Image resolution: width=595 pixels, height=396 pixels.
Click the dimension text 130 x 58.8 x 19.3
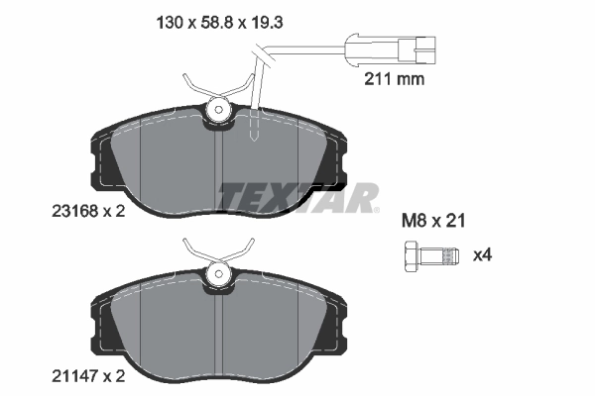pyautogui.click(x=219, y=23)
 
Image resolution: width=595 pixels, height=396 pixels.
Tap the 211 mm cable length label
pyautogui.click(x=394, y=79)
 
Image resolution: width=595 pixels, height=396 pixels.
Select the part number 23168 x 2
pyautogui.click(x=88, y=211)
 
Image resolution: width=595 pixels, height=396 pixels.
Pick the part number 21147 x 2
pyautogui.click(x=88, y=376)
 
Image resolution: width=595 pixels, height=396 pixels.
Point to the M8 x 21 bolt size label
pyautogui.click(x=433, y=221)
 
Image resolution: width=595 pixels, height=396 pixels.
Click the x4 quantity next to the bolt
pyautogui.click(x=482, y=255)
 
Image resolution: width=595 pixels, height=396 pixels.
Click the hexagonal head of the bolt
pyautogui.click(x=411, y=256)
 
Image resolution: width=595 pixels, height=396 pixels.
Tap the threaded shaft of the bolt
pyautogui.click(x=438, y=255)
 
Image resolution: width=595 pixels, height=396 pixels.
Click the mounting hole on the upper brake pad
pyautogui.click(x=218, y=110)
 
